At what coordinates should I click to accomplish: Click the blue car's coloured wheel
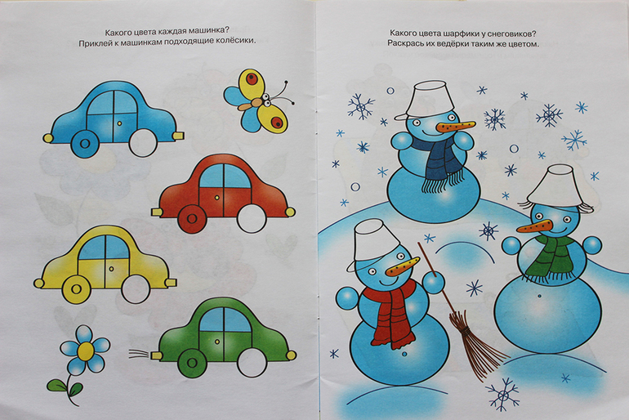click(85, 143)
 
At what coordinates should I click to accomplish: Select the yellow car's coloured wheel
click(76, 288)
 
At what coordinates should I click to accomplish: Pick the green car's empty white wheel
click(252, 363)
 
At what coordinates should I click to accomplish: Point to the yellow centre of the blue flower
click(86, 351)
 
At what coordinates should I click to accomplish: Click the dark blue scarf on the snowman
click(444, 163)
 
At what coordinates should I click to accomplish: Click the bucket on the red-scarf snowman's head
click(373, 244)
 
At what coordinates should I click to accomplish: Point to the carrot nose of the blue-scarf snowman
click(456, 127)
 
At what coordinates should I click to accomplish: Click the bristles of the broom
click(475, 345)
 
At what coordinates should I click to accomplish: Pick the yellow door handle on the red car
click(217, 198)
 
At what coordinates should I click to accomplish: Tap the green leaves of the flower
click(65, 386)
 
